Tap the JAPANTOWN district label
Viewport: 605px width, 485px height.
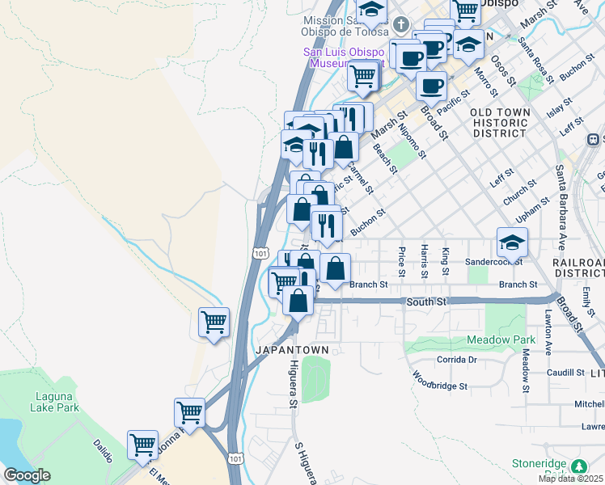[x=292, y=350]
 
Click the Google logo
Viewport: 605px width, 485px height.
[x=27, y=475]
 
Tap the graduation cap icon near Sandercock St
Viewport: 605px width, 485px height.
[x=512, y=242]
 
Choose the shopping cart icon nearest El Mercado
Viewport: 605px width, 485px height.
[x=142, y=444]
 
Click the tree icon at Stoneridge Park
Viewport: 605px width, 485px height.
[x=579, y=466]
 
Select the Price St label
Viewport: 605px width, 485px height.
[x=402, y=261]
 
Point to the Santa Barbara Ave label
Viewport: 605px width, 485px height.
[x=559, y=209]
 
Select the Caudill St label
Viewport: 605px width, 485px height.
[x=565, y=372]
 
